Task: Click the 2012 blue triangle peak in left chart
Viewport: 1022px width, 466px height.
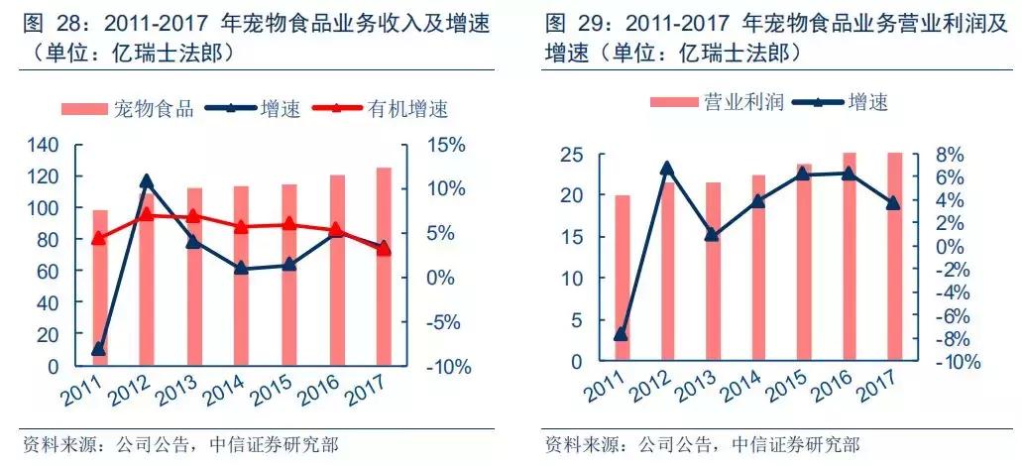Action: coord(147,181)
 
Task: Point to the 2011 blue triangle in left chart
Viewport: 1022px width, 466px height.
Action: coord(99,349)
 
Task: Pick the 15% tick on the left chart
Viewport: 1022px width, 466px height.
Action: coord(443,145)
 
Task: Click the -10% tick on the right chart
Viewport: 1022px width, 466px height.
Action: coord(958,362)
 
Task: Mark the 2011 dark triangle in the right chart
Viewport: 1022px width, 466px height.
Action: coord(621,334)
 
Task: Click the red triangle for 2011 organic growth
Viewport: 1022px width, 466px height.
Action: coord(98,238)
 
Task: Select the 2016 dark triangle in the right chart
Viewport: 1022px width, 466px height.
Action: coord(850,174)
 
